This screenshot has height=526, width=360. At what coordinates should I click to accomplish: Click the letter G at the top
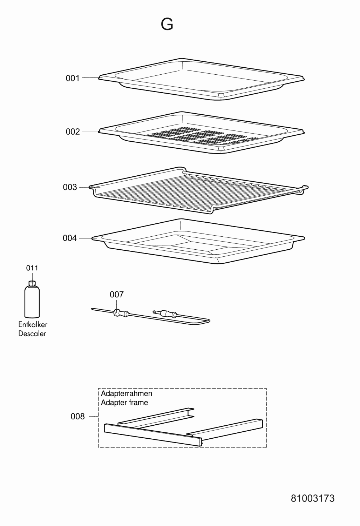[x=167, y=24]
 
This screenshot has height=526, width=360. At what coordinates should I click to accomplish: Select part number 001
[x=73, y=78]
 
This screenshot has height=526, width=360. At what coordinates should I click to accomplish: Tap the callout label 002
[x=73, y=132]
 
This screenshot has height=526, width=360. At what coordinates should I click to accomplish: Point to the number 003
[x=70, y=187]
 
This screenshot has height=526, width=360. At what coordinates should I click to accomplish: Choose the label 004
[x=70, y=238]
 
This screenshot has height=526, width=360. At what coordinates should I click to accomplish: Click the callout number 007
[x=117, y=295]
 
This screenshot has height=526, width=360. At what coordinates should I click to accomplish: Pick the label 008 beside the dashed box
[x=78, y=416]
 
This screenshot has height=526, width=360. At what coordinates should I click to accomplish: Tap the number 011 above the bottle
[x=32, y=268]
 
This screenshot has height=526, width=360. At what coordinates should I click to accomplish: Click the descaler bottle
[x=32, y=299]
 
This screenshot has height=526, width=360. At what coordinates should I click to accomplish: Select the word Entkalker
[x=33, y=324]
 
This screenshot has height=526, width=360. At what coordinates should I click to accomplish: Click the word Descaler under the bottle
[x=32, y=333]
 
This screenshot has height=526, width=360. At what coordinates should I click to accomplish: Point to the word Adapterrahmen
[x=127, y=393]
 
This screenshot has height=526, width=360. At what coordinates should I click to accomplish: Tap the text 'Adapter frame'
[x=124, y=403]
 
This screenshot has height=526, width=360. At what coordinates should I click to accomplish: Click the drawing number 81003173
[x=313, y=498]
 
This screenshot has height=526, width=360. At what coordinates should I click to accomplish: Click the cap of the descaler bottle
[x=32, y=283]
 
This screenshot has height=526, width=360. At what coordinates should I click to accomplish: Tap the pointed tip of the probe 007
[x=92, y=309]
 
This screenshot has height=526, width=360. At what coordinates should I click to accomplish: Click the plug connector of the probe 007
[x=165, y=313]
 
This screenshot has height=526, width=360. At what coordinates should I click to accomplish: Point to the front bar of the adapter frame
[x=153, y=435]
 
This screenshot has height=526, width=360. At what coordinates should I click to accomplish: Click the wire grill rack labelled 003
[x=198, y=190]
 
